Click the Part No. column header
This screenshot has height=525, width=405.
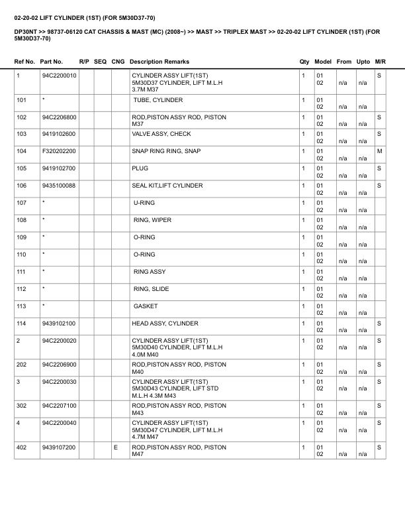pyautogui.click(x=52, y=62)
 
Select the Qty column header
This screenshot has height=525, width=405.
pyautogui.click(x=304, y=62)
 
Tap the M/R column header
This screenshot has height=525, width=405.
pyautogui.click(x=380, y=62)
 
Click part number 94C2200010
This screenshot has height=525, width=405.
pyautogui.click(x=59, y=76)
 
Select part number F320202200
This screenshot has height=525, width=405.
pyautogui.click(x=59, y=151)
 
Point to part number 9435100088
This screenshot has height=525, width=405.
pyautogui.click(x=58, y=186)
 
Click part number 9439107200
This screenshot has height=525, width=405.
pyautogui.click(x=58, y=448)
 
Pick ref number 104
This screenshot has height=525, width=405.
pyautogui.click(x=22, y=151)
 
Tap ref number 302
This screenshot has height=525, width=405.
pyautogui.click(x=22, y=406)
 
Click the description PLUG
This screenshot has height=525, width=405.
pyautogui.click(x=140, y=168)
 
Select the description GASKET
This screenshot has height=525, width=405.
pyautogui.click(x=145, y=306)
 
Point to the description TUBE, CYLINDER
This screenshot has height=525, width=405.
pyautogui.click(x=157, y=100)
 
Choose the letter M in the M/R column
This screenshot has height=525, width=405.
pyautogui.click(x=380, y=151)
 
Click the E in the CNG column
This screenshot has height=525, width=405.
pyautogui.click(x=116, y=448)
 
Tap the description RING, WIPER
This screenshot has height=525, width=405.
pyautogui.click(x=152, y=220)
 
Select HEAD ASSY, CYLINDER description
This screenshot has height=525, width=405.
pyautogui.click(x=165, y=323)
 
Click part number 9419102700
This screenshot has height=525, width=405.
pyautogui.click(x=58, y=168)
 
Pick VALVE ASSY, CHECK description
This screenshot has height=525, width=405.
pyautogui.click(x=161, y=134)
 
